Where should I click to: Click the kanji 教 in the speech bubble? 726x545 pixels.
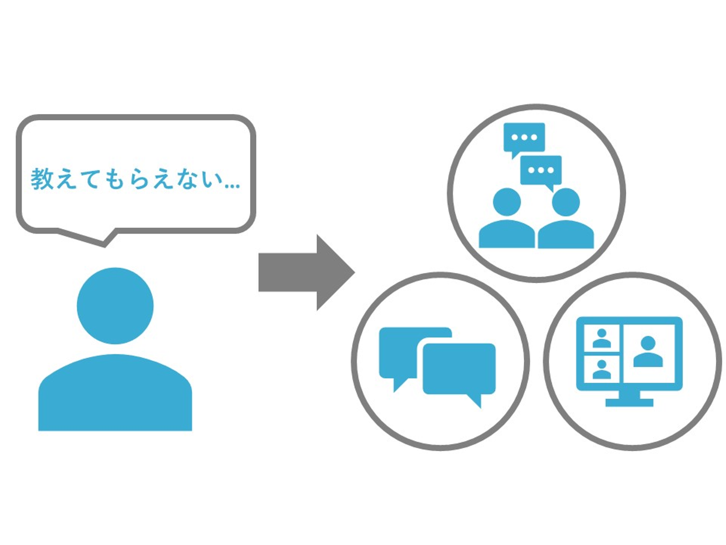tap(42, 179)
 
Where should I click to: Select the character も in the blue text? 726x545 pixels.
tap(115, 180)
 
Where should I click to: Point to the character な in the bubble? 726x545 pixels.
tap(188, 180)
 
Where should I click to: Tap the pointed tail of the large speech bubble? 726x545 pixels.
tap(105, 241)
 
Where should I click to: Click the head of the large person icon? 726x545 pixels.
tap(115, 306)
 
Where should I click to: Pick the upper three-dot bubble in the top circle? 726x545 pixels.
tap(524, 137)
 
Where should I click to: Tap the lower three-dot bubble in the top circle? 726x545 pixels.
tap(541, 171)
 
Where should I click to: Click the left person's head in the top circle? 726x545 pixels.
tap(507, 202)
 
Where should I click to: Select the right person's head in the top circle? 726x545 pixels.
tap(566, 202)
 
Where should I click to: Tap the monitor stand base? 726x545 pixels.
tap(629, 402)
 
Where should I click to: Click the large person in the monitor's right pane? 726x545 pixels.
tap(648, 352)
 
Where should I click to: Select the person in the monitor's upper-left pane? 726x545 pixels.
tap(601, 338)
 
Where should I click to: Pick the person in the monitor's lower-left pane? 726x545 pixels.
tap(601, 369)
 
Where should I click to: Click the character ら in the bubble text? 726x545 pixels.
tap(140, 180)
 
